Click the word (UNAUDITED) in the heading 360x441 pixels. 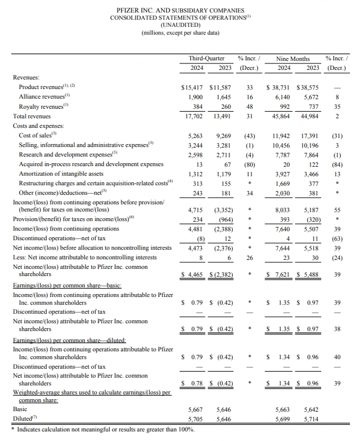[180, 24]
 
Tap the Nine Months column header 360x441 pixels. [293, 59]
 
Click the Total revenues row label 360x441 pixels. [32, 116]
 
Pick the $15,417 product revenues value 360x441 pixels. [193, 87]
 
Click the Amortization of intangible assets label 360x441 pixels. [62, 173]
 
